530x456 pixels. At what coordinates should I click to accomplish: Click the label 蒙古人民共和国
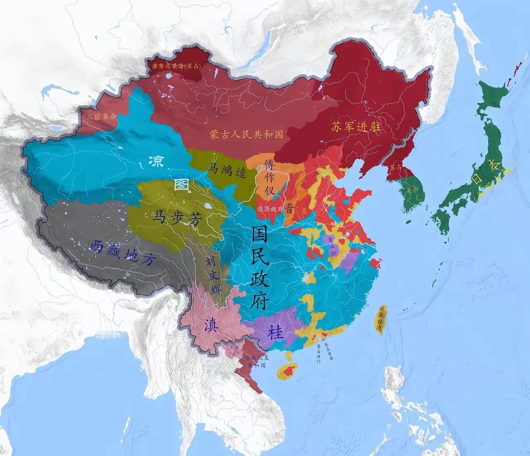tap(246, 134)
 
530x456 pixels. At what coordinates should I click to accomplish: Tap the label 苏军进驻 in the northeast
tap(356, 127)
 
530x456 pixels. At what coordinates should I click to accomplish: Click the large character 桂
tap(275, 333)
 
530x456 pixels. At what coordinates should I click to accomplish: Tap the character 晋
tap(289, 209)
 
